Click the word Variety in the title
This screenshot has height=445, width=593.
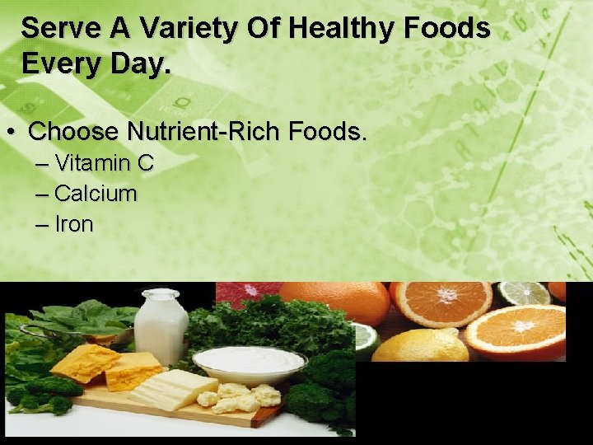182,29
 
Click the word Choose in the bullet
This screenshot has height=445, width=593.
74,131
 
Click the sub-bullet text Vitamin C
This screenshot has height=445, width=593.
104,163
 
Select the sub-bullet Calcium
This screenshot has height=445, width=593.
96,194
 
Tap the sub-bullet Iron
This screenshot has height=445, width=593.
74,224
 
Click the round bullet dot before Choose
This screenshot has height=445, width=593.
12,132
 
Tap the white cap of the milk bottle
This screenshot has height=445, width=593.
160,294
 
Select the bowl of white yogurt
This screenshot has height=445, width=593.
249,363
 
